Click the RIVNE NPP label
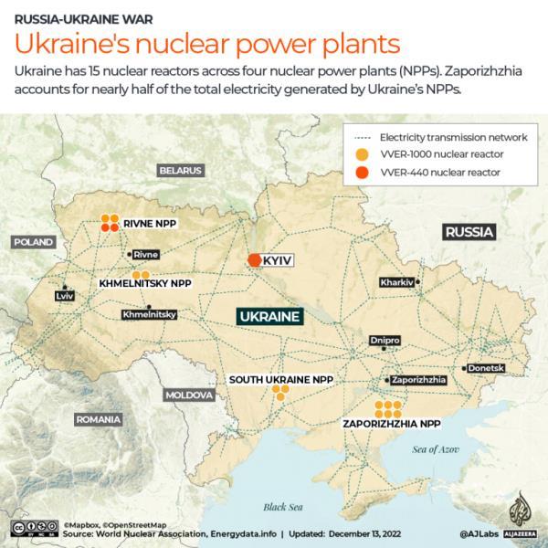point(152,224)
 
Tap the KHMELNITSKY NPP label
point(146,284)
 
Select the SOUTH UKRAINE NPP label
point(281,379)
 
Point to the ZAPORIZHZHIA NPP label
point(391,424)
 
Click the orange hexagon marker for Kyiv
point(255,260)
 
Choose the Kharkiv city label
point(397,281)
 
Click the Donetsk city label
point(486,368)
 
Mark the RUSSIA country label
point(469,232)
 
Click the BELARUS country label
point(179,170)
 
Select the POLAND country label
point(33,242)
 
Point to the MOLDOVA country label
point(189,395)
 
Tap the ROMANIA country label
point(98,419)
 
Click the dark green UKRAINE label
point(269,316)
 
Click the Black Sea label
point(281,506)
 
